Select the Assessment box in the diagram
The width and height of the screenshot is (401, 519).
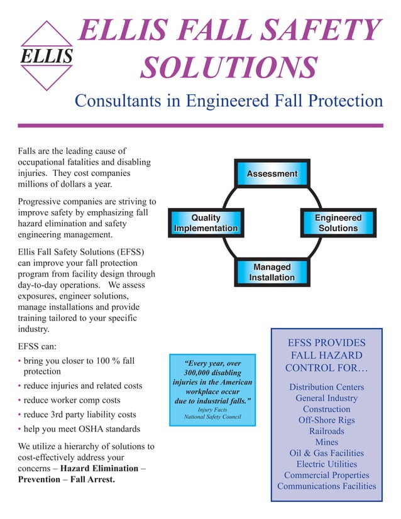click(x=272, y=173)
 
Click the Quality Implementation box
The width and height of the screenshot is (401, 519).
click(x=206, y=223)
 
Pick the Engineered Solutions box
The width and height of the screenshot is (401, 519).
click(x=338, y=223)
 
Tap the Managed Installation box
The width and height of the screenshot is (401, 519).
click(x=272, y=272)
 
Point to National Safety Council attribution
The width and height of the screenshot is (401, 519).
click(x=212, y=417)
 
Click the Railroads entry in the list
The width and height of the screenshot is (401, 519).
click(x=327, y=431)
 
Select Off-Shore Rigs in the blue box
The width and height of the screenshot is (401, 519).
click(x=327, y=420)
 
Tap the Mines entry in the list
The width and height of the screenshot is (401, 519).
click(x=327, y=442)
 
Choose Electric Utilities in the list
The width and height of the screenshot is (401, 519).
click(x=327, y=464)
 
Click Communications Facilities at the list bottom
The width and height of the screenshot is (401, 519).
click(x=327, y=486)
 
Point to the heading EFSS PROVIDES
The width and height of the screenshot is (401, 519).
click(x=326, y=343)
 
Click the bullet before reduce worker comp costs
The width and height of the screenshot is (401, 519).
click(x=19, y=401)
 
